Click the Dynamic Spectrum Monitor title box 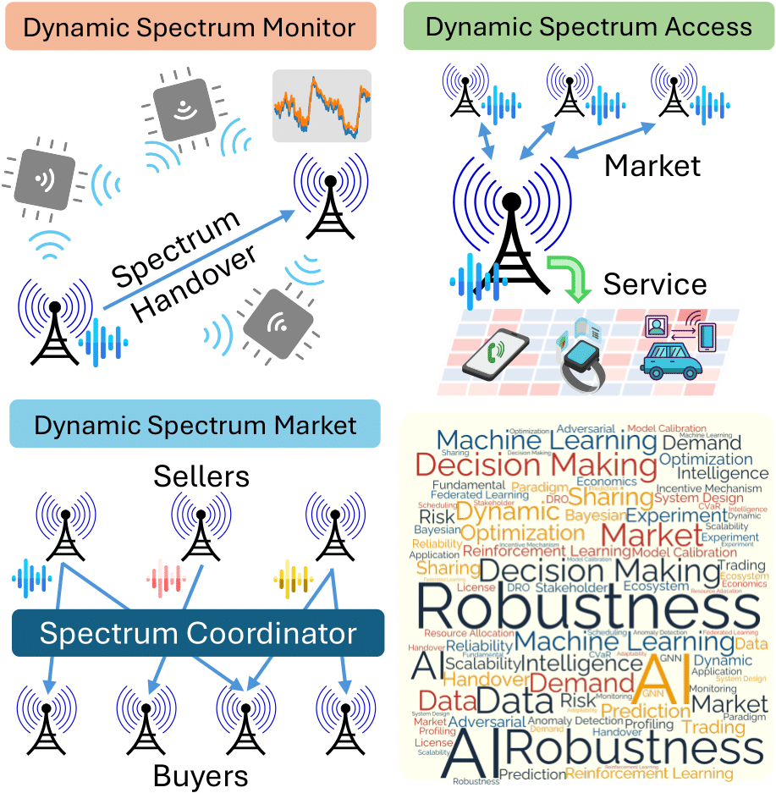[x=189, y=28]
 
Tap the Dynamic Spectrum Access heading [x=588, y=26]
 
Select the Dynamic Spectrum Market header [x=195, y=425]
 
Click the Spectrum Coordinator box [x=198, y=633]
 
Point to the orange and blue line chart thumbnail [x=321, y=106]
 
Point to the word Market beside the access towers [x=652, y=165]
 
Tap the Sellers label [x=201, y=476]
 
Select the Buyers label [x=200, y=775]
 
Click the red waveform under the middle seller [x=167, y=579]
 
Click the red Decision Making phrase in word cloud [x=536, y=465]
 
